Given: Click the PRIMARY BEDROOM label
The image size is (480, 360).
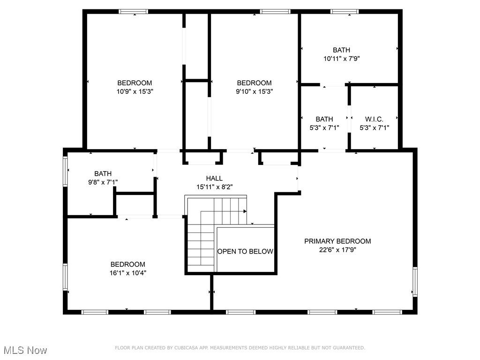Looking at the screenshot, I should (337, 241).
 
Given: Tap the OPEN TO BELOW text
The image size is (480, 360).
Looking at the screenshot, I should (245, 252).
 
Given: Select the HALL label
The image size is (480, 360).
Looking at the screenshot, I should (214, 179).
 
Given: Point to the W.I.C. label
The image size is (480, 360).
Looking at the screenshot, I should (374, 120).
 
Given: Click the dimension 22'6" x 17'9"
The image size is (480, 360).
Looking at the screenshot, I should (337, 250).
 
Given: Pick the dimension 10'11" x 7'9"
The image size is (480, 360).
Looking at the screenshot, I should (341, 59).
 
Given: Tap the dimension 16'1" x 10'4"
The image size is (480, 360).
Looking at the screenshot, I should (127, 273).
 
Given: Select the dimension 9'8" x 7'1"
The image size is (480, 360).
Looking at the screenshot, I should (103, 182).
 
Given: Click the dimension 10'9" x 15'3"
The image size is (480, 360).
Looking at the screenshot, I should (135, 91).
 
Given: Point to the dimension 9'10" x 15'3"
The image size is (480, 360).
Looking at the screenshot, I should (254, 91).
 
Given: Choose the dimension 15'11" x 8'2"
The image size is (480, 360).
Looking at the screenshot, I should (214, 187).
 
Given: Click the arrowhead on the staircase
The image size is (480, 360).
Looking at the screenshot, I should (245, 211).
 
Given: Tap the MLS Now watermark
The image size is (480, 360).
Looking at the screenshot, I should (25, 350).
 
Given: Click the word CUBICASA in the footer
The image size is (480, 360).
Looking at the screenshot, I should (186, 348).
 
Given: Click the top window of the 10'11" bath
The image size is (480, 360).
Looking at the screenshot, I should (345, 11).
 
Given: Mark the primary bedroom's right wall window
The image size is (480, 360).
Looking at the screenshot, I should (415, 281).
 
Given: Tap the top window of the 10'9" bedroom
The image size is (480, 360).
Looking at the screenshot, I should (134, 11).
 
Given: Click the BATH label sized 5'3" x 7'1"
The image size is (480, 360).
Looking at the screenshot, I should (324, 120).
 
